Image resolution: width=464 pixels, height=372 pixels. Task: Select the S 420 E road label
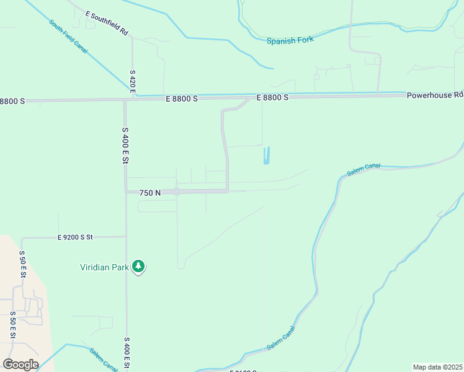point(133,82)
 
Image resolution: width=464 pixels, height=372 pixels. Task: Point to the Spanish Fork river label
point(290,40)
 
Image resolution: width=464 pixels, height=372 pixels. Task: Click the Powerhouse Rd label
point(435,95)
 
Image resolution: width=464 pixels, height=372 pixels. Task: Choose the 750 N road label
point(149,193)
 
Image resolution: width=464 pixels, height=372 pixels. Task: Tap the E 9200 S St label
point(84,237)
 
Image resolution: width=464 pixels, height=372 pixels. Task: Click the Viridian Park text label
point(104,268)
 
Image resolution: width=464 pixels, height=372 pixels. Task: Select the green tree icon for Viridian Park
point(139,267)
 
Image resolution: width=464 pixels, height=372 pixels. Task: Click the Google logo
point(20,365)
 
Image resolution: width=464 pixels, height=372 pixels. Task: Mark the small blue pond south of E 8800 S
point(267,156)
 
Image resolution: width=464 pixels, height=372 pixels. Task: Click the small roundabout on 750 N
point(177,192)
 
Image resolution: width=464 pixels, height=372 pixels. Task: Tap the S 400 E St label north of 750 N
point(125,145)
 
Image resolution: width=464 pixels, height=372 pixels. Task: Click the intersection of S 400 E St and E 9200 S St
point(126,237)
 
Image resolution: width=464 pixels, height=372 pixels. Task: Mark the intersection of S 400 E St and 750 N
point(126,192)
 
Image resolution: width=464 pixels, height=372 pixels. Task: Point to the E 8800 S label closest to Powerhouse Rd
point(273,97)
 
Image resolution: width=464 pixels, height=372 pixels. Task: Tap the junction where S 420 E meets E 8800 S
point(133,98)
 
